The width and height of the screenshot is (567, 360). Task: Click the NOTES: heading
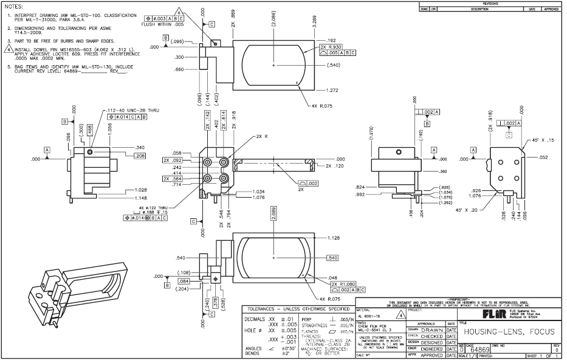(13, 7)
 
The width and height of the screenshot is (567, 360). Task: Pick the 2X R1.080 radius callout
(342, 284)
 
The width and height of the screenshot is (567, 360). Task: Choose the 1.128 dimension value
(333, 238)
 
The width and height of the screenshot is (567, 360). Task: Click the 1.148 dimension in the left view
(141, 198)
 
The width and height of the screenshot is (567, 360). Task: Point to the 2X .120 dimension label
(337, 165)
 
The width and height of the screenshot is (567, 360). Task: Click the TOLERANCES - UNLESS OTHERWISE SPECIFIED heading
(296, 309)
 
